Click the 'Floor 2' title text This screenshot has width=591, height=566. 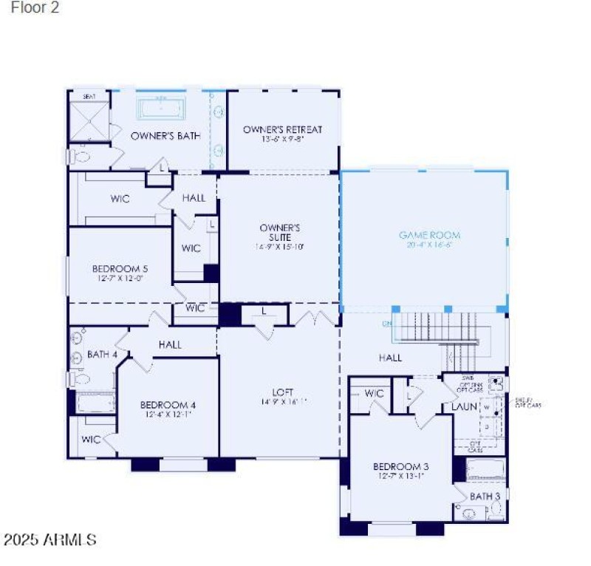pyautogui.click(x=35, y=9)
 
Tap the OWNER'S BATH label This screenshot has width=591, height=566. pyautogui.click(x=165, y=136)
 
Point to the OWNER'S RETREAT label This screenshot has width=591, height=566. pyautogui.click(x=282, y=130)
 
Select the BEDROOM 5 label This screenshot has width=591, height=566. pyautogui.click(x=120, y=269)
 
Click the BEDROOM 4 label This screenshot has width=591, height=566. pyautogui.click(x=168, y=405)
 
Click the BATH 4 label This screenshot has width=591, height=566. pyautogui.click(x=102, y=355)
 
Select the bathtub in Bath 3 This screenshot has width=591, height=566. pyautogui.click(x=485, y=470)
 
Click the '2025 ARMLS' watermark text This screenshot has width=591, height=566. pyautogui.click(x=49, y=540)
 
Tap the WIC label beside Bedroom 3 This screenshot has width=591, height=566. pyautogui.click(x=375, y=393)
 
